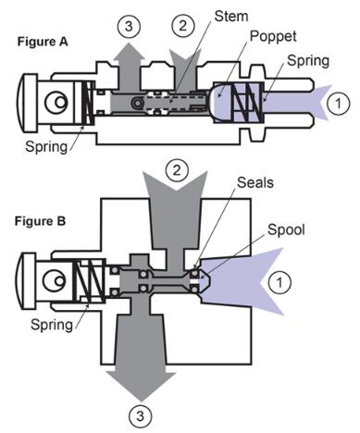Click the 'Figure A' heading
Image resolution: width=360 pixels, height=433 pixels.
pyautogui.click(x=43, y=42)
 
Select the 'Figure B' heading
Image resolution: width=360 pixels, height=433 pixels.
pyautogui.click(x=40, y=221)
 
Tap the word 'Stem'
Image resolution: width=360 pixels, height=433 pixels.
pyautogui.click(x=231, y=16)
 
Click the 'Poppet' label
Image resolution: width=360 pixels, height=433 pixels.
pyautogui.click(x=273, y=36)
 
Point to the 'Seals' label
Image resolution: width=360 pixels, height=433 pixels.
pyautogui.click(x=255, y=182)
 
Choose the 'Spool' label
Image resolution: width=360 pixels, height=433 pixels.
pyautogui.click(x=286, y=229)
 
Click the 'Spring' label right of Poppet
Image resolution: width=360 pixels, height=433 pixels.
pyautogui.click(x=308, y=61)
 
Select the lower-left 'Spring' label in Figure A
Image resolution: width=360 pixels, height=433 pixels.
pyautogui.click(x=46, y=146)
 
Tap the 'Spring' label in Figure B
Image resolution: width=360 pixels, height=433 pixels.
pyautogui.click(x=52, y=325)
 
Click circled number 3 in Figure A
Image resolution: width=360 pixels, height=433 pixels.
pyautogui.click(x=129, y=26)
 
